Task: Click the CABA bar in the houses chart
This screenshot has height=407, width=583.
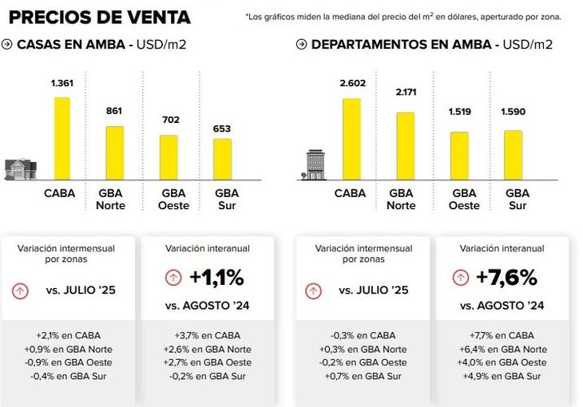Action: point(61,138)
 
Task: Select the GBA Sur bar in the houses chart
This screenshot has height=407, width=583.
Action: point(222,159)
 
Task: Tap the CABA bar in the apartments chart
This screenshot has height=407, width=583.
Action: point(351,139)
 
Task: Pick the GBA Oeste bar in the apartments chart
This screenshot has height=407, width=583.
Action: point(459,156)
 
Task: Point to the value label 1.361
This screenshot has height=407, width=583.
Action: point(61,83)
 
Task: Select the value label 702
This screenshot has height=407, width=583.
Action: point(169,121)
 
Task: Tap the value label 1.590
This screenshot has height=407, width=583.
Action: point(513,112)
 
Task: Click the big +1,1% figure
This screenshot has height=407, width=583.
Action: point(216,278)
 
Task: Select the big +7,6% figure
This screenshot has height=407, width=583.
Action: point(506,278)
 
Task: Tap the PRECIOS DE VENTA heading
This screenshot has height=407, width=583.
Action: point(100,17)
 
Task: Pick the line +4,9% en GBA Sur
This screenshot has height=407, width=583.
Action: point(502,376)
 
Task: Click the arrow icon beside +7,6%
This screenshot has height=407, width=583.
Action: point(460,278)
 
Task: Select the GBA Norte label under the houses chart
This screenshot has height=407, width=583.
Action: point(110,199)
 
